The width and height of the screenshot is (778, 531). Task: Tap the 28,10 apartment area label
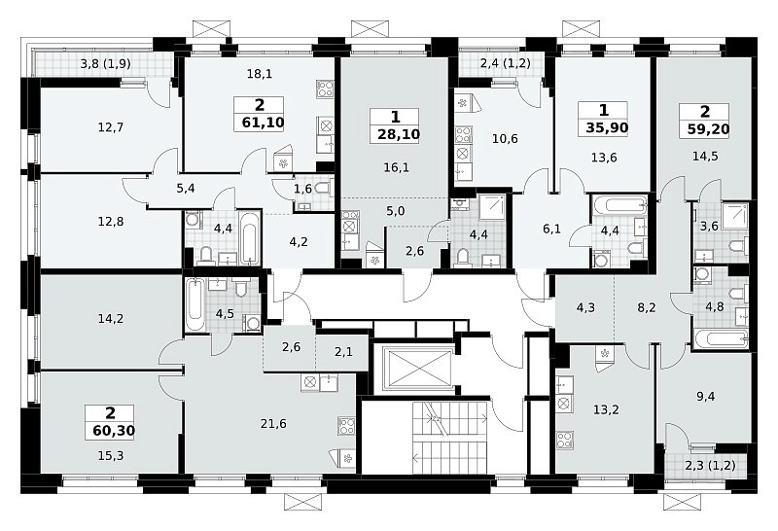pos(399,134)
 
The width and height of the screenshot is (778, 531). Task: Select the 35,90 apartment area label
pos(607,127)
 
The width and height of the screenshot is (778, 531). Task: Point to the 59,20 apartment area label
pos(708,129)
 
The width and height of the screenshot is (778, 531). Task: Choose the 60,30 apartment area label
pos(114,430)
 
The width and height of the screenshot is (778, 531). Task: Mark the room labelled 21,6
pos(273,423)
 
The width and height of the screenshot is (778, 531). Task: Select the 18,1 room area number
pos(260,74)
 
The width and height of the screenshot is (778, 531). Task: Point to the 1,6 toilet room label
pos(302,188)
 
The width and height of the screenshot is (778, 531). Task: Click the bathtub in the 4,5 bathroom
pos(195,304)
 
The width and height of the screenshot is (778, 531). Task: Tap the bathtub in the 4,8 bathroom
pos(721,339)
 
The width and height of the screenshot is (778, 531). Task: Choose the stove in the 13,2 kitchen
pos(564,440)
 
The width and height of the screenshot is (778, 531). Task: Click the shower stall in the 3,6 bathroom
pos(735,216)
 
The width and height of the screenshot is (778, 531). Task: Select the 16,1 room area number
pos(396,167)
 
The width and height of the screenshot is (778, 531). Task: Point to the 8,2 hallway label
pos(647,307)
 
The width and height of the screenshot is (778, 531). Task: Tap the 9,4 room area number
pos(705,396)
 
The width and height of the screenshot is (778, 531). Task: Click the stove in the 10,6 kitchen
pos(464,134)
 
